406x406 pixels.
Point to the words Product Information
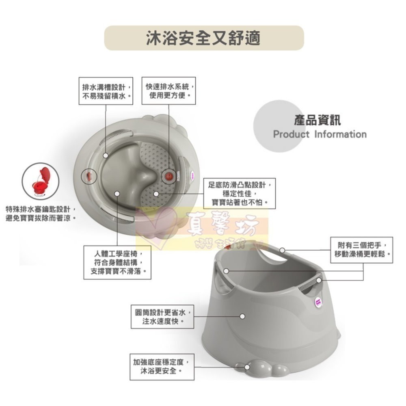[x=320, y=134]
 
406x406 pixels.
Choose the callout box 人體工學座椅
[x=117, y=262]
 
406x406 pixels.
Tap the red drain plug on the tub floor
[x=169, y=176]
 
